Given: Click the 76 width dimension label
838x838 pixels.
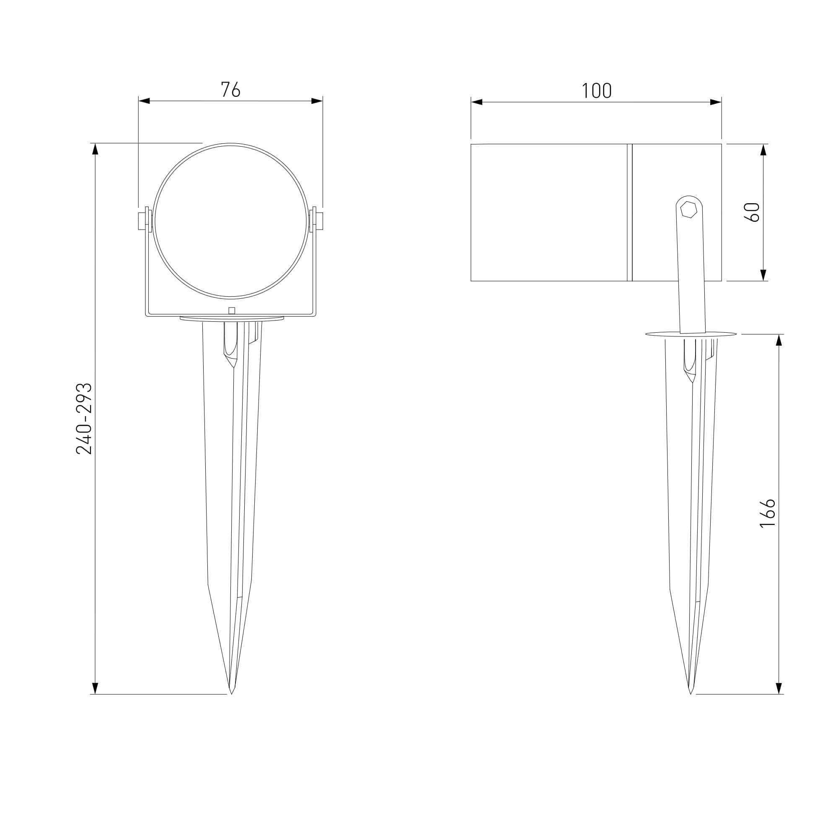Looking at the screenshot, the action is pos(230,89).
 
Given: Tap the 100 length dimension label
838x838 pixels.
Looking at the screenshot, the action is pos(596,91).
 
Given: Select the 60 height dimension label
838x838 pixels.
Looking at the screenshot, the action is pos(752,212).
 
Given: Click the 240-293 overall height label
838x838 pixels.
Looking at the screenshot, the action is pos(84,419).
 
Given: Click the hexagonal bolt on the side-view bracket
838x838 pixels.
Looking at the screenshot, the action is pos(688,209).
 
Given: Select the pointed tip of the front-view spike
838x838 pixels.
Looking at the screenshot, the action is pos(231,694).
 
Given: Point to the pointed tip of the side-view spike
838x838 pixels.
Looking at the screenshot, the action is pos(691,694).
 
